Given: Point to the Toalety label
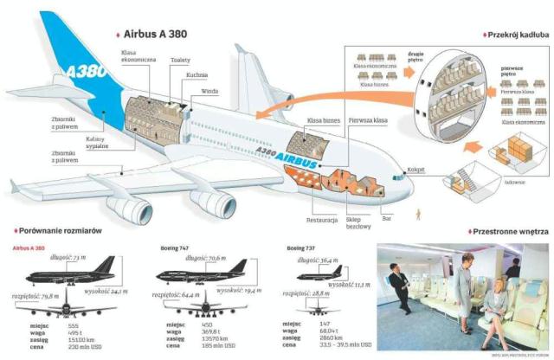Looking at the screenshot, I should point(181,60).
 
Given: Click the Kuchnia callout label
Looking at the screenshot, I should point(196,75).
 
